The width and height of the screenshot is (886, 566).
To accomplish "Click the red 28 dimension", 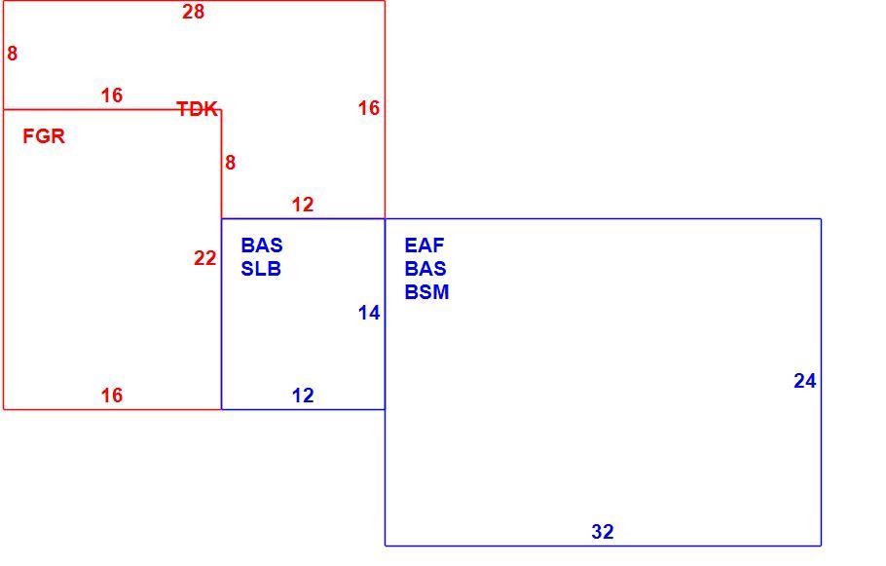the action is coord(193,12).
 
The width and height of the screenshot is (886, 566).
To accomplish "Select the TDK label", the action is coord(198,108).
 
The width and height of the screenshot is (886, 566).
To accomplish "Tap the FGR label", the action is coord(44,136).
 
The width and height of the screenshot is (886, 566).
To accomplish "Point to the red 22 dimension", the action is coord(205,258).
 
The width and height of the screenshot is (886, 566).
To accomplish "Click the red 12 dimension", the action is coord(303,205).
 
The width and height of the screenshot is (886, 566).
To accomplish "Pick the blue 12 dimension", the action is coord(303,396).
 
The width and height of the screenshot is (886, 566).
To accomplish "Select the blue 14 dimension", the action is coord(369,313).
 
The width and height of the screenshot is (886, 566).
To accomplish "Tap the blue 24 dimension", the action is coord(804,381).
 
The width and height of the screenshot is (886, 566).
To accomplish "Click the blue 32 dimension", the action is coord(603,532).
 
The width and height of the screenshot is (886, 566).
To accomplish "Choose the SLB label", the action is coord(261,269).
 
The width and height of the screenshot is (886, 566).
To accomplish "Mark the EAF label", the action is coord(425,245).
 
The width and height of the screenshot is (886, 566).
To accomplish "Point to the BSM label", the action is coord(426,291).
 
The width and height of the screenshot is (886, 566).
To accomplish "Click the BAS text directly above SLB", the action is coord(262,245).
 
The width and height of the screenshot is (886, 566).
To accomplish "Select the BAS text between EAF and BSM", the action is coord(425,269).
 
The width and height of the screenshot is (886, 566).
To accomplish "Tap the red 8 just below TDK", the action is coord(230,163).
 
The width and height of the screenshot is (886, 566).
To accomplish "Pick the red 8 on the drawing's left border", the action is coord(12,54).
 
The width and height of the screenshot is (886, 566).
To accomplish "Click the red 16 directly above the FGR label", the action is coord(112,95).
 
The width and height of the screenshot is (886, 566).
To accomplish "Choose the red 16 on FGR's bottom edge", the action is coord(112,396).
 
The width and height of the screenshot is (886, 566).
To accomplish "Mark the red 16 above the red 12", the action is coord(369,108).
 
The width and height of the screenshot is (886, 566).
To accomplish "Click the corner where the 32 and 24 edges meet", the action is coord(821,546).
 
